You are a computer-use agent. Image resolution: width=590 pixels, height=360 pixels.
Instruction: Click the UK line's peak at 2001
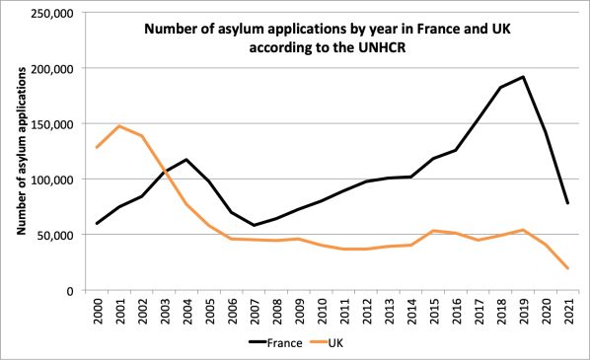pyautogui.click(x=119, y=126)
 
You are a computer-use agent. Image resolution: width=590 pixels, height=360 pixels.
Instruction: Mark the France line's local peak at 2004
pyautogui.click(x=186, y=160)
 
